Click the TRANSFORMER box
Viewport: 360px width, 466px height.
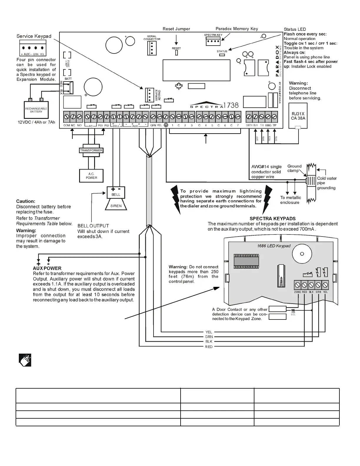coord(91,150)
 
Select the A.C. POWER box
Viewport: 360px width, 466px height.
coord(91,176)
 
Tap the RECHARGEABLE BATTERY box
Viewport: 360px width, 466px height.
coord(36,110)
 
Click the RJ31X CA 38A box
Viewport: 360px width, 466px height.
coord(298,116)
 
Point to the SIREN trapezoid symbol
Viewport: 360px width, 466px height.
coord(116,206)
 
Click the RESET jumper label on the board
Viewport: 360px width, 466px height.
coord(176,48)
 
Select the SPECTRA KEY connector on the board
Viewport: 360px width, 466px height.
coord(213,41)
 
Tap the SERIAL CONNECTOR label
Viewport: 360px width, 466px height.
coord(152,38)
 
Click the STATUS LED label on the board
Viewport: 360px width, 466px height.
coord(222,51)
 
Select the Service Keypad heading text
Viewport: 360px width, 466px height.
coord(34,36)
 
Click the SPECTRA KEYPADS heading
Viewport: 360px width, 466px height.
coord(272,219)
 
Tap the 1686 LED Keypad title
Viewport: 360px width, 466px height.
coord(274,246)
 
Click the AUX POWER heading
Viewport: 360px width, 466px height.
coord(47,268)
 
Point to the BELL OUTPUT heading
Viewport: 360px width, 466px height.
coord(93,226)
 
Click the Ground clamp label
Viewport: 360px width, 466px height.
coord(294,168)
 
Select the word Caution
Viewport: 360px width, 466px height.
coord(26,201)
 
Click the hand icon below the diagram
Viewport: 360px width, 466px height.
coord(25,360)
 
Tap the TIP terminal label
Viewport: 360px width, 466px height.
coord(274,125)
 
